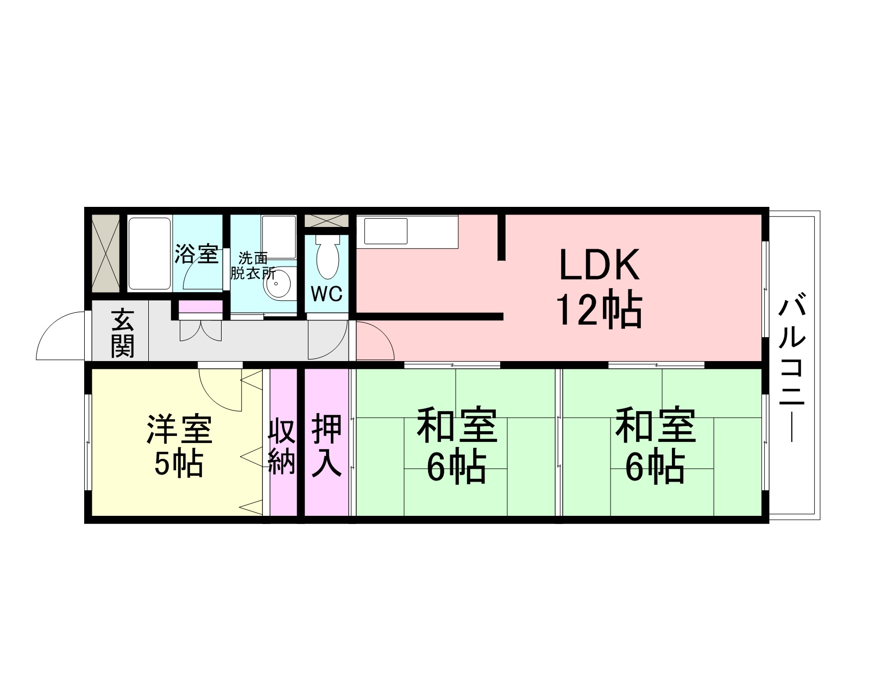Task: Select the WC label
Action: (x=326, y=294)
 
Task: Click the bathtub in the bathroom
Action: (x=149, y=253)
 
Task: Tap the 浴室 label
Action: (x=197, y=254)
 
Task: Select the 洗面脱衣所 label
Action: (x=253, y=266)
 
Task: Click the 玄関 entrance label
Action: (x=122, y=333)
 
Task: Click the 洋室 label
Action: (x=179, y=428)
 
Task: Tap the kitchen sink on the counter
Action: (x=386, y=231)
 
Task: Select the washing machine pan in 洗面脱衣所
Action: (x=279, y=237)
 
